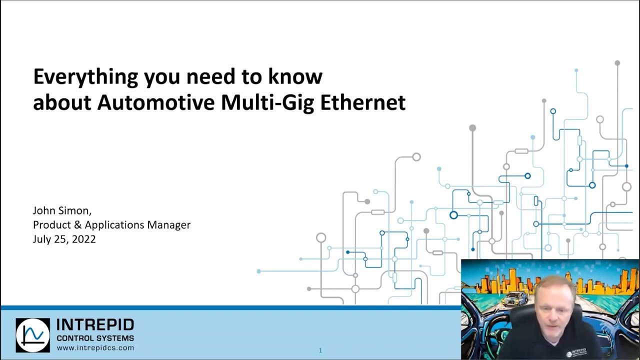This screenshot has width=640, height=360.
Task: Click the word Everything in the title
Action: pyautogui.click(x=85, y=77)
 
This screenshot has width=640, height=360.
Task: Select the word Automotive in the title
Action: pyautogui.click(x=156, y=102)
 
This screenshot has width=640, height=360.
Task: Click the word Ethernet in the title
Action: pyautogui.click(x=362, y=102)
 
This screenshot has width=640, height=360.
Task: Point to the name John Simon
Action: pyautogui.click(x=61, y=210)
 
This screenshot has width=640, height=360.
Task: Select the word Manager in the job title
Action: pyautogui.click(x=168, y=225)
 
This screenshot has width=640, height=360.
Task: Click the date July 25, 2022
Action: pyautogui.click(x=64, y=239)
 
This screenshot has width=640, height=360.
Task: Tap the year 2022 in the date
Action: pyautogui.click(x=83, y=239)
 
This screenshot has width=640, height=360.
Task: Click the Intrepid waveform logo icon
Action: pyautogui.click(x=32, y=335)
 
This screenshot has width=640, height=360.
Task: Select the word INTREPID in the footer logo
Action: pyautogui.click(x=95, y=325)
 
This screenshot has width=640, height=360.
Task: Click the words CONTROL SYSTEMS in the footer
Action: pyautogui.click(x=95, y=338)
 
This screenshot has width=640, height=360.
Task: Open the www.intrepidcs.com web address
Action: pyautogui.click(x=95, y=347)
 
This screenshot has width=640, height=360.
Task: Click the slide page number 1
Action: pyautogui.click(x=320, y=350)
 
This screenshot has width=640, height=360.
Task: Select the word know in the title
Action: pyautogui.click(x=295, y=77)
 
